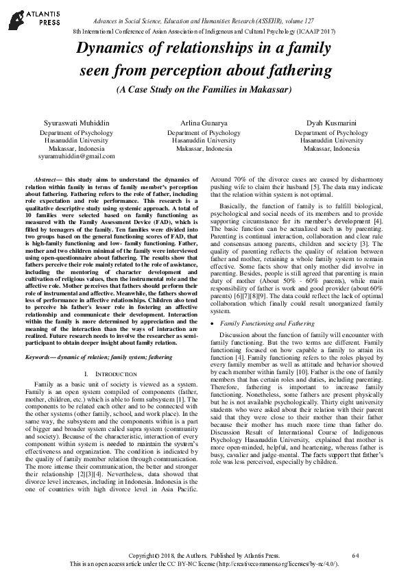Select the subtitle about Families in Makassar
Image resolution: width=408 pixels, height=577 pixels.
click(204, 90)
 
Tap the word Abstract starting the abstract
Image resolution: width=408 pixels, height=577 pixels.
click(47, 179)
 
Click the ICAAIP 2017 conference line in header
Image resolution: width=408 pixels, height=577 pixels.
click(204, 32)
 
